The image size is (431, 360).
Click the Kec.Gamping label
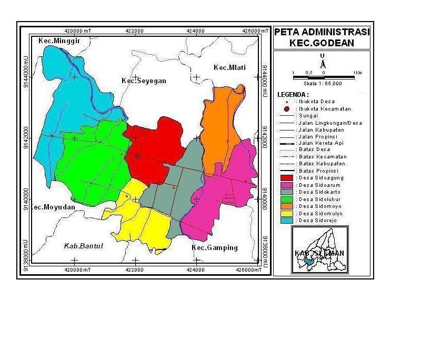tap(214, 248)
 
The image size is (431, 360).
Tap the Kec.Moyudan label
tap(53, 207)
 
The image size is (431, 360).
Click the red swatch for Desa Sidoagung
tap(285, 178)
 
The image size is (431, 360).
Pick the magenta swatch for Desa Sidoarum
tap(285, 185)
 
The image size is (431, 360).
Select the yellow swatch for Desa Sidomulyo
tap(285, 214)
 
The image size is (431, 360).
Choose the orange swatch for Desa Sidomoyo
tap(285, 207)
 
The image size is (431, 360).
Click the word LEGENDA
tap(293, 95)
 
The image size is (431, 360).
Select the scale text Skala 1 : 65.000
tap(323, 83)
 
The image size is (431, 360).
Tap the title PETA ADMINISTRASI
tap(322, 32)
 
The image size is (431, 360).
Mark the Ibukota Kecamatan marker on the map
tap(137, 157)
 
